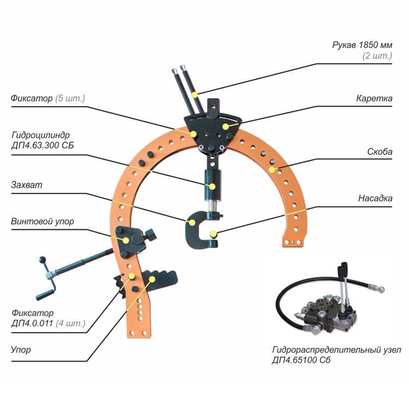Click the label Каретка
point(374,99)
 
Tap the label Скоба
point(380,152)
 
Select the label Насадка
point(375,198)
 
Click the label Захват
point(26,185)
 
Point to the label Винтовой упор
point(42,221)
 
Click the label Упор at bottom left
point(21,350)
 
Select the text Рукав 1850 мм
point(362,45)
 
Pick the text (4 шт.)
point(71,323)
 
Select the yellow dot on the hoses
point(195,94)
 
